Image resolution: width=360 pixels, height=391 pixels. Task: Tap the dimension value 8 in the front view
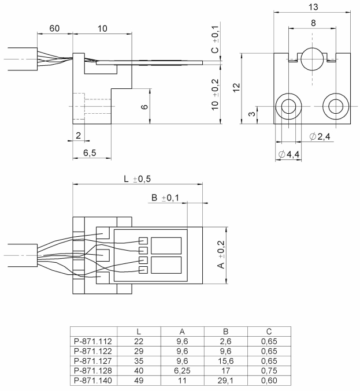click(312, 24)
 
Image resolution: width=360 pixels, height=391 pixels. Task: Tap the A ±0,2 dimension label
click(220, 255)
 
